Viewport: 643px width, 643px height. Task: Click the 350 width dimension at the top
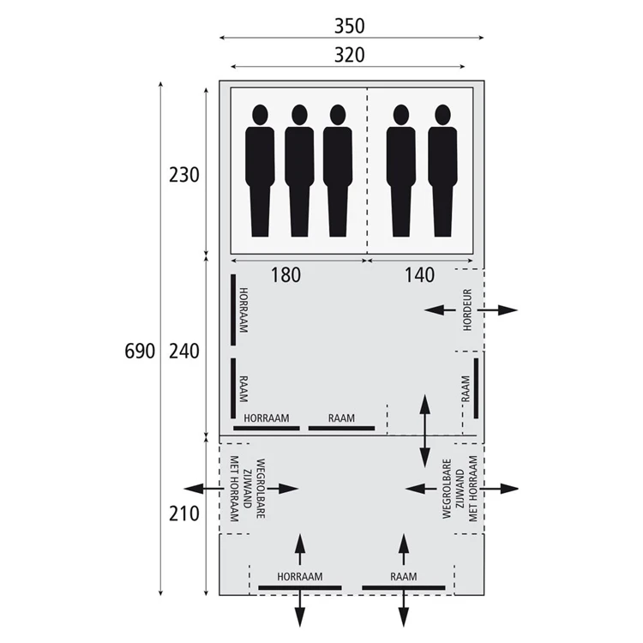coord(350,27)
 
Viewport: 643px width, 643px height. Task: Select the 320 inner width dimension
coord(350,56)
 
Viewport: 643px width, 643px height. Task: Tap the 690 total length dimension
coord(140,352)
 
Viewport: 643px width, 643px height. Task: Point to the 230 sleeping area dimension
coord(184,175)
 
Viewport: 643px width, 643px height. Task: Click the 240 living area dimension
coord(184,352)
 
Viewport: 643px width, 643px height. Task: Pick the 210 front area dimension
coord(184,514)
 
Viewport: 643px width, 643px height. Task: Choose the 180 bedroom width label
coord(285,275)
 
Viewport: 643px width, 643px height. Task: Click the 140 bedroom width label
coord(419,275)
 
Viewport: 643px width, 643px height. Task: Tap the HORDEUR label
coord(467,310)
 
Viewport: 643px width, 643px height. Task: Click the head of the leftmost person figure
coord(261,115)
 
